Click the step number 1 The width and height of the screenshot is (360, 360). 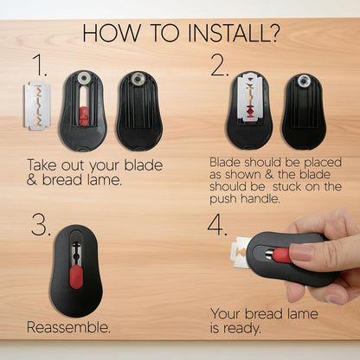tap(40, 66)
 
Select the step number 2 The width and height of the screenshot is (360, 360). tap(220, 66)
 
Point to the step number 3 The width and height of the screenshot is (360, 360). tap(41, 224)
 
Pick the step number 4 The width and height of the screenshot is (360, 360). tap(217, 224)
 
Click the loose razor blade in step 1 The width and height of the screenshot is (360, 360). tap(37, 106)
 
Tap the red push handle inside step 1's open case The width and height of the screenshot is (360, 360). tap(83, 114)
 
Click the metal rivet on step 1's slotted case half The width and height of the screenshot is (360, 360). tap(84, 77)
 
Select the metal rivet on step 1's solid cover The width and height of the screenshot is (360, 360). tap(138, 78)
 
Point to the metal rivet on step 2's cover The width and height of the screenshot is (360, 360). tap(303, 80)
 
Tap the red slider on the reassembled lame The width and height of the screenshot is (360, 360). tap(76, 277)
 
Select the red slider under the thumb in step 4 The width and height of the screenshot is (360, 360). tap(281, 255)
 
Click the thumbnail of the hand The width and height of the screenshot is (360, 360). tap(301, 252)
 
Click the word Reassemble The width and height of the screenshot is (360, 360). tap(68, 327)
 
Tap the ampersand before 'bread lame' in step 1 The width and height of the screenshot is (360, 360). tap(32, 180)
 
